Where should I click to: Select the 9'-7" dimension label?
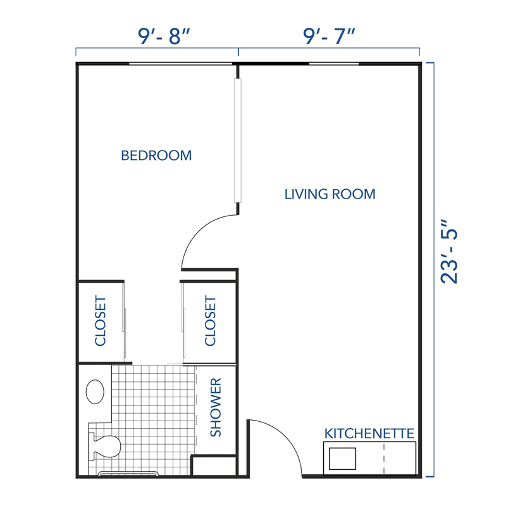(x=328, y=37)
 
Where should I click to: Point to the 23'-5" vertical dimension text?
(x=448, y=252)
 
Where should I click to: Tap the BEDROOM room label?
(x=156, y=156)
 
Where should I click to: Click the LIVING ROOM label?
(x=330, y=194)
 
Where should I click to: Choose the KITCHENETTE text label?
(x=369, y=434)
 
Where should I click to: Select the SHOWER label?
(x=216, y=407)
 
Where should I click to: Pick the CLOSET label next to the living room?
(x=211, y=321)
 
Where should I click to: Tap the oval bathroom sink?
(x=96, y=392)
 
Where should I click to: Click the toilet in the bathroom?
(x=105, y=447)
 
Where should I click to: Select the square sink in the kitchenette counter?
(x=342, y=459)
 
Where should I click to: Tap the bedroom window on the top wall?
(x=180, y=64)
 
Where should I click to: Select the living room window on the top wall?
(x=333, y=64)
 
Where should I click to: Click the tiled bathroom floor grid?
(x=152, y=417)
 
